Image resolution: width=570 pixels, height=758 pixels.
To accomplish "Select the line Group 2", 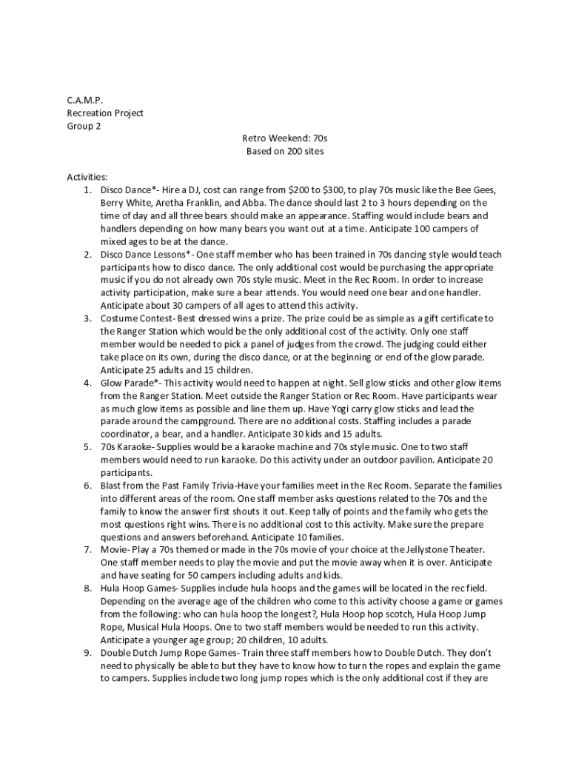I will [84, 126].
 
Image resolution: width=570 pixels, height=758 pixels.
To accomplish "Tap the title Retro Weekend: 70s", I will [284, 138].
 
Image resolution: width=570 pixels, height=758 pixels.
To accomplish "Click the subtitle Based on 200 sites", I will [284, 151].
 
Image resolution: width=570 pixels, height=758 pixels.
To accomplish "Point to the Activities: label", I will [87, 177].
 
